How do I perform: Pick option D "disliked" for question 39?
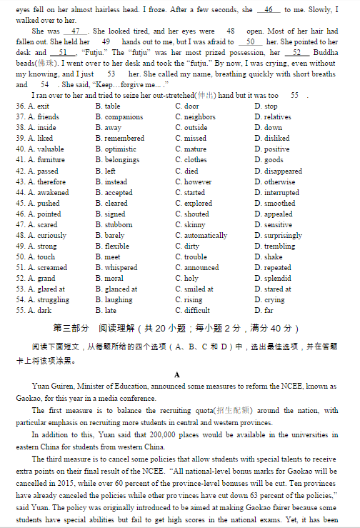(x=276, y=139)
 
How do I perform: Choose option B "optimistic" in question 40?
(x=120, y=149)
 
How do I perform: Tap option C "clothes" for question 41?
(x=195, y=160)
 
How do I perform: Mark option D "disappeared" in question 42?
(x=283, y=171)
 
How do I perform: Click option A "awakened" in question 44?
(x=54, y=192)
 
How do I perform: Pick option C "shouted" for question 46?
(x=196, y=214)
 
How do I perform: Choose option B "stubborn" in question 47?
(x=119, y=224)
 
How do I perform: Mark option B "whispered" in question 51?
(x=121, y=268)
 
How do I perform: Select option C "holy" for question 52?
(x=191, y=279)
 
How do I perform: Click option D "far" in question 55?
(x=269, y=311)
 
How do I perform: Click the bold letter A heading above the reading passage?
(x=176, y=374)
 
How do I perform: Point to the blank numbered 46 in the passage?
(x=269, y=11)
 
